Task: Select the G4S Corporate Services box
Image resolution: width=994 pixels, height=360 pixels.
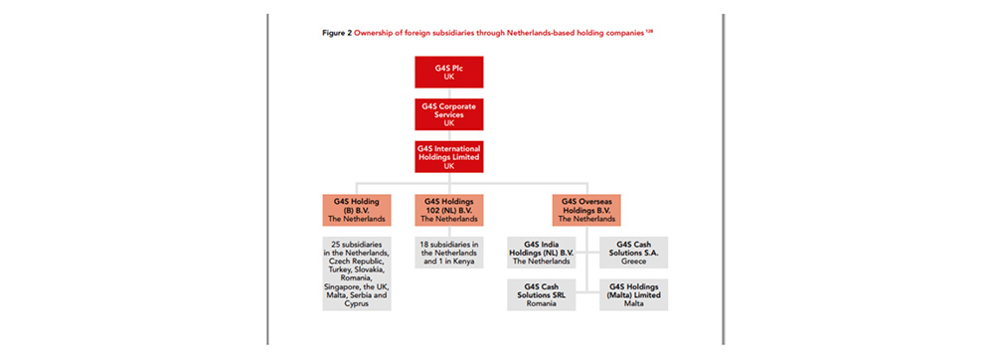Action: [x=455, y=114]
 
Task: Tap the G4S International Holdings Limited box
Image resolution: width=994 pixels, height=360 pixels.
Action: [x=455, y=156]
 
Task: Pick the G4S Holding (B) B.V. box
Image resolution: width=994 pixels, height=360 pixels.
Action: [x=356, y=211]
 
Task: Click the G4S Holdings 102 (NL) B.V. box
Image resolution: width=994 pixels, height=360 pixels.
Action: [x=449, y=211]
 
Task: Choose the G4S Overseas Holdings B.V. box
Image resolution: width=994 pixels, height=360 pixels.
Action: [x=586, y=211]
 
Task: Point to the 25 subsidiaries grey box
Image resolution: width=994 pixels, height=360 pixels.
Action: [x=356, y=273]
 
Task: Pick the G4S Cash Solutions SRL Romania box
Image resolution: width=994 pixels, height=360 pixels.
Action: [x=542, y=295]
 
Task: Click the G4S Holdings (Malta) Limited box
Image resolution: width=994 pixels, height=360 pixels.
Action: [x=633, y=295]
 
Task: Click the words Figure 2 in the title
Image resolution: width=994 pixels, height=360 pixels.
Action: [x=338, y=34]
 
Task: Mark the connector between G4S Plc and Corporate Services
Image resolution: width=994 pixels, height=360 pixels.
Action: [x=455, y=93]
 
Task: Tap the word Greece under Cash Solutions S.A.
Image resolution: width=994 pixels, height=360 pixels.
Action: [x=633, y=261]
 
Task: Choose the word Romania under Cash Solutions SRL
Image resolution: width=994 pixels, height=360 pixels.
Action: [x=542, y=303]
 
